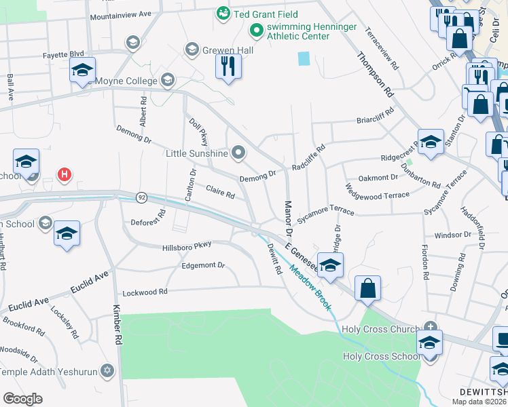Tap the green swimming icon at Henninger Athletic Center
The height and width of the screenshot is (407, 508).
coord(256,30)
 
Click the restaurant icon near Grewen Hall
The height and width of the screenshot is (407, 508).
coord(228,66)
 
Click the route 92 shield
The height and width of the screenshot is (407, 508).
coord(141,197)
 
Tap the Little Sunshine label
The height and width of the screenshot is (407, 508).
coord(197,153)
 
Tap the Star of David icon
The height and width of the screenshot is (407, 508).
coord(106,370)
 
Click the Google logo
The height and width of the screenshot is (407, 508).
coord(22,399)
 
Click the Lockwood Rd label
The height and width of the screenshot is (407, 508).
coord(144,293)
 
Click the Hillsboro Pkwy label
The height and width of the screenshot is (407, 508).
coord(187,244)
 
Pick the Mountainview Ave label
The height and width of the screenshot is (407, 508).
coord(120,14)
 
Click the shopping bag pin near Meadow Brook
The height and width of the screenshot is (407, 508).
coord(367,288)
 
